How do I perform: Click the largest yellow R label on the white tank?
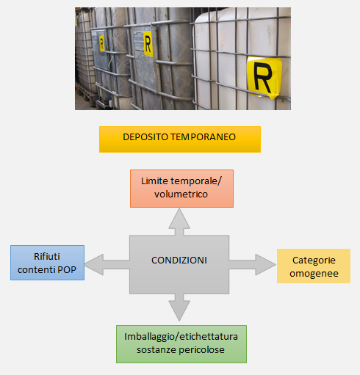(x=263, y=76)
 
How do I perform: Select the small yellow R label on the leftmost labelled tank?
(x=101, y=42)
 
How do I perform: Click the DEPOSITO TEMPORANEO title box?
(x=180, y=139)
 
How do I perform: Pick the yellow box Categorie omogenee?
(x=313, y=266)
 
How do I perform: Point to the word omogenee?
(x=313, y=273)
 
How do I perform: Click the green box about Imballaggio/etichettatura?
(x=181, y=343)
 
